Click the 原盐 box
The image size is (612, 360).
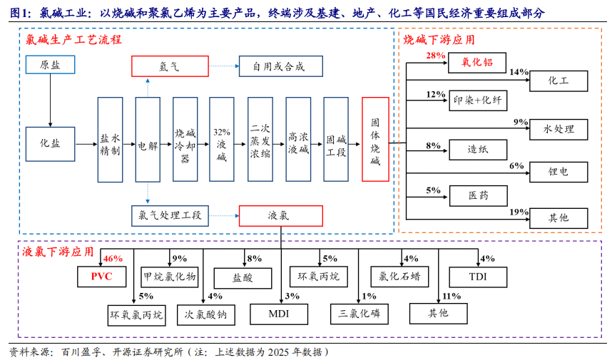(50, 65)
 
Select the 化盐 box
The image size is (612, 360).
(50, 143)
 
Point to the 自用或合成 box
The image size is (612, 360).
(280, 66)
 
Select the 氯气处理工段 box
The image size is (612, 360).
(169, 215)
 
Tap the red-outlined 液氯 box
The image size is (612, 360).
(280, 215)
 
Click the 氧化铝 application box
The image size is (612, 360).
(477, 63)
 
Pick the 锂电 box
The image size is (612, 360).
(559, 172)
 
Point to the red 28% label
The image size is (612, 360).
(436, 55)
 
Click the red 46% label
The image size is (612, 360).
(113, 259)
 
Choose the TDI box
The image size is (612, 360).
(477, 276)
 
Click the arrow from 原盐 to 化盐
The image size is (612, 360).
(50, 100)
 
